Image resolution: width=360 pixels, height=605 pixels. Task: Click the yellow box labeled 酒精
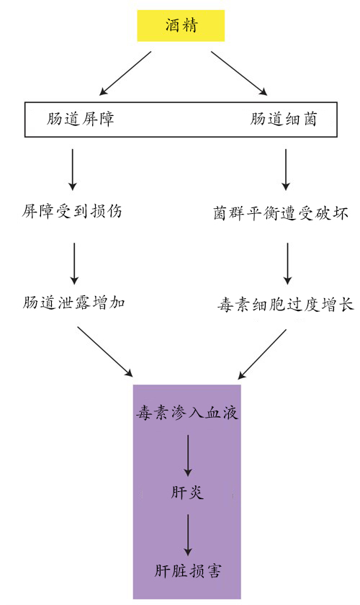(x=181, y=26)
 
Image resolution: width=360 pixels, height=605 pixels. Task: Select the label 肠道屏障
(x=81, y=118)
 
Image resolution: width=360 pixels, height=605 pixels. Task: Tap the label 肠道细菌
(x=283, y=118)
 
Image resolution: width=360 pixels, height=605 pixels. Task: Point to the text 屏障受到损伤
(x=72, y=211)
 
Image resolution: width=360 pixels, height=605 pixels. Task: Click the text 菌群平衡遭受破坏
(x=281, y=213)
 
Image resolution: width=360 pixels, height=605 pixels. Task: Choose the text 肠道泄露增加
(x=73, y=302)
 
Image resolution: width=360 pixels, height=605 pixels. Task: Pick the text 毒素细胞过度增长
(x=285, y=305)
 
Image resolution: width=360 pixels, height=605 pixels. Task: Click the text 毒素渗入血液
(x=187, y=413)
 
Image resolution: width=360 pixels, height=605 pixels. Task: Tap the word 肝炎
(x=187, y=493)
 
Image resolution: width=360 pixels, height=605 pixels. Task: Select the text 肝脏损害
(x=188, y=570)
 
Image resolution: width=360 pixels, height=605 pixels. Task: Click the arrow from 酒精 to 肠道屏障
(x=125, y=73)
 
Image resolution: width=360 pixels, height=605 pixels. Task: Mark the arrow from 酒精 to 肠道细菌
(x=239, y=73)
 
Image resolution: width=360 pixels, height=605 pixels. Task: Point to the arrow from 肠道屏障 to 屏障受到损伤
(x=73, y=169)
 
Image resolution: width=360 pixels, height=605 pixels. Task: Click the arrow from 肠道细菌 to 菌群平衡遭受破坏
(x=286, y=169)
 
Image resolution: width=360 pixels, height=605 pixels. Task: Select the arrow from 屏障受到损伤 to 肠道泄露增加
(x=74, y=264)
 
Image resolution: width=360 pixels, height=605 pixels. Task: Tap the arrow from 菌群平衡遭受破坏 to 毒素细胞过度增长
(x=287, y=264)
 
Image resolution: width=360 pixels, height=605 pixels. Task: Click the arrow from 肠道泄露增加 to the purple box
(x=105, y=351)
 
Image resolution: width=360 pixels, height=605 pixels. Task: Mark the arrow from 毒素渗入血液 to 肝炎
(x=188, y=456)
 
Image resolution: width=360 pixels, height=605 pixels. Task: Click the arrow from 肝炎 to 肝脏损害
(x=188, y=534)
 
